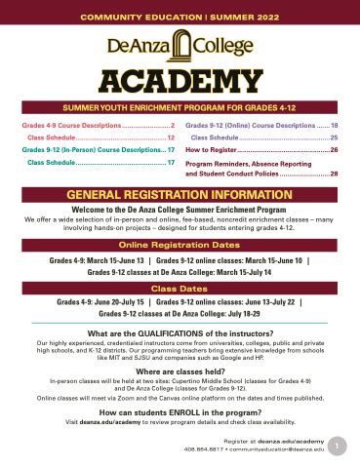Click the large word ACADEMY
coord(180,79)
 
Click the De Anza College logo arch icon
coord(180,42)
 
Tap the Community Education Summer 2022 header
coord(180,13)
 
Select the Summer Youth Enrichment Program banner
coord(180,105)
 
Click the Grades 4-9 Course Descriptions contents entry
coord(92,126)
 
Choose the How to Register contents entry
coord(261,151)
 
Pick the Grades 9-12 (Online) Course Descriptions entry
coord(261,126)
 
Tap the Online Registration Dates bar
coord(180,244)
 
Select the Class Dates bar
coord(180,290)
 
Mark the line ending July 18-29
coord(180,315)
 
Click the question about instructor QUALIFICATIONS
coord(180,333)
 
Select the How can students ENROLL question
coord(180,412)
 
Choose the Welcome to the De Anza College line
coord(180,207)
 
